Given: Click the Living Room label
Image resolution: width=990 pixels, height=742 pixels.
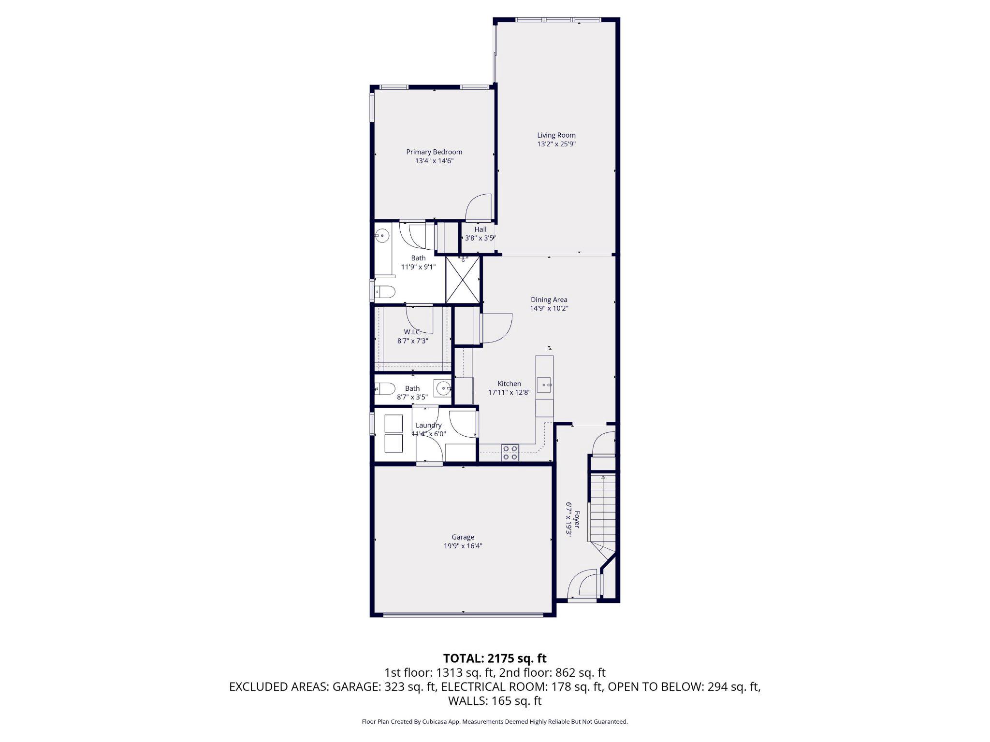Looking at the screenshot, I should point(556,135).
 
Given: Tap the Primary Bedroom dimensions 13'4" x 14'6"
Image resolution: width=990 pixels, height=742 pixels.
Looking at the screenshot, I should point(434,161).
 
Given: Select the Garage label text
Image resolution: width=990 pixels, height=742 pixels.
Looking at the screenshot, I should point(463,537).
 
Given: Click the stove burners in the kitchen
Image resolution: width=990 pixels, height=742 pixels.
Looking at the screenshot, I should point(510,453).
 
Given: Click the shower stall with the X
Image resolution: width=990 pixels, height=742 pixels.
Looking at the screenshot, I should point(463,280).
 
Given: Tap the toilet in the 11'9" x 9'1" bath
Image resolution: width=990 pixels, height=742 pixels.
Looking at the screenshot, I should point(385,291).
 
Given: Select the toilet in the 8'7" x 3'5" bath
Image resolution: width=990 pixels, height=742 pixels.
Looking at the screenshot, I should point(385,389).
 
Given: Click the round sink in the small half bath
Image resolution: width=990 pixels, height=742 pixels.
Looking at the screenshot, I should point(442,388).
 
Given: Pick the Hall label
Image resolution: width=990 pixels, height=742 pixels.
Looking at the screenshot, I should point(480,229).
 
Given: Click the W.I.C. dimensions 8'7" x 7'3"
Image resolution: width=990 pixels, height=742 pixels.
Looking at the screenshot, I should point(412,341).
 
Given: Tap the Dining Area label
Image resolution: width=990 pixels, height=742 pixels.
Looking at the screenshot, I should point(549,300).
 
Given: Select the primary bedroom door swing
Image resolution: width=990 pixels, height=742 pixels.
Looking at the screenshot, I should point(479,207).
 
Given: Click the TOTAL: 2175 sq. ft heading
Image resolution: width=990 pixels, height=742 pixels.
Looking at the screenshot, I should point(495,658).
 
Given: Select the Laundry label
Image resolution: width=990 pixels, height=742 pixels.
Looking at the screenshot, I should point(428,425).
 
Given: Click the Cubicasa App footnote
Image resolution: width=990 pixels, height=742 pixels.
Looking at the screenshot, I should point(495,722).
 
